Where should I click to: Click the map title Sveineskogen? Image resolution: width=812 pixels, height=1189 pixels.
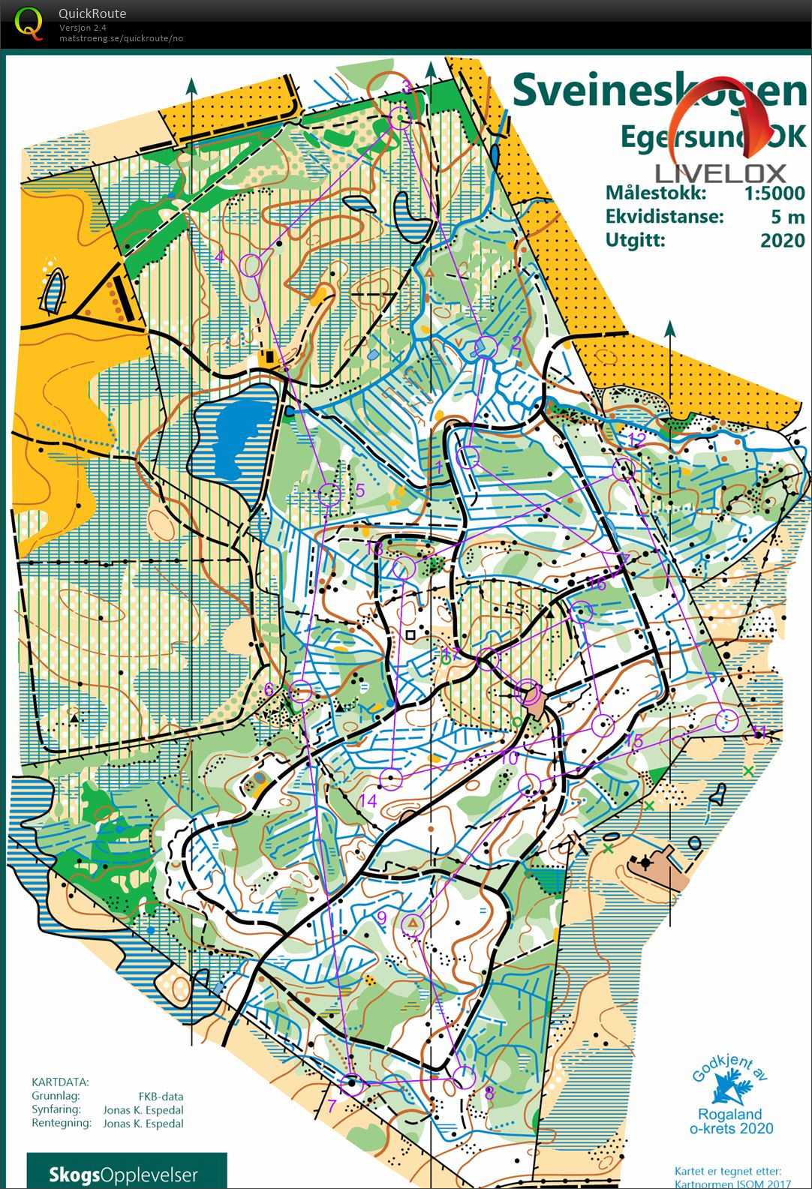tap(659, 91)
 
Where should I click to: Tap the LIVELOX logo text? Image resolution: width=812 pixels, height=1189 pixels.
tap(720, 173)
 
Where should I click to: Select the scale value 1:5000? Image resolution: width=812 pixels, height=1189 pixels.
tap(774, 193)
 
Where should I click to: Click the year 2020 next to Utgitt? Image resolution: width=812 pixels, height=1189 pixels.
tap(782, 240)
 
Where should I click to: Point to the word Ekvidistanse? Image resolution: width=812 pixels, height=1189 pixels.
tap(664, 217)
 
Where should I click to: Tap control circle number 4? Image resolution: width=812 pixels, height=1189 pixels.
tap(252, 265)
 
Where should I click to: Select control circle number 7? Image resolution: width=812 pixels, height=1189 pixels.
tap(351, 1084)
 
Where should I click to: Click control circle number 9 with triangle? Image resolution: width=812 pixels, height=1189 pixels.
tap(412, 923)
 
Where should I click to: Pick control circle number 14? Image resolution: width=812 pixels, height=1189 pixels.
tap(390, 779)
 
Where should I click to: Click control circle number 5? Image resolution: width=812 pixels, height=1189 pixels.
tap(330, 494)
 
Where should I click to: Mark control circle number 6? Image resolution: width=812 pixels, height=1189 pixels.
tap(301, 691)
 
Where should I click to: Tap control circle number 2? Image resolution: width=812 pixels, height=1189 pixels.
tap(486, 347)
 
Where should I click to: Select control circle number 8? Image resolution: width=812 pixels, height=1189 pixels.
tap(464, 1078)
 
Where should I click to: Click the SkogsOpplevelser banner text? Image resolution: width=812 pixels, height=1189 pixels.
tap(123, 1174)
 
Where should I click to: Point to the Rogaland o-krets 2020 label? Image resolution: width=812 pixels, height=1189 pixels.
tap(730, 1121)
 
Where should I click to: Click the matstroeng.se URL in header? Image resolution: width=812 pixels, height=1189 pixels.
tap(121, 38)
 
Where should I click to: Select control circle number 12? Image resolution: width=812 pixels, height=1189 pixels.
tap(624, 470)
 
